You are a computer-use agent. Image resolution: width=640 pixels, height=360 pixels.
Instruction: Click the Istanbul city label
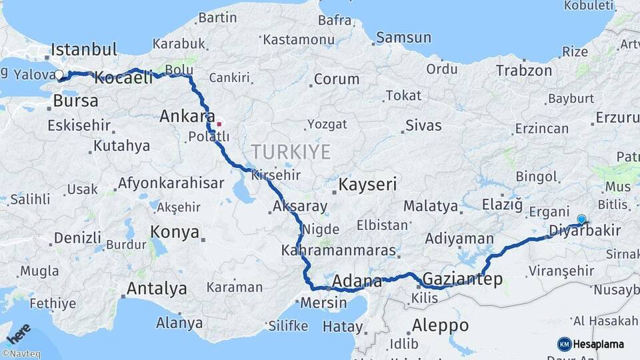click(x=84, y=49)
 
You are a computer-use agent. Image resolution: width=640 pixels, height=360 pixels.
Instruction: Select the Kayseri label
click(x=367, y=184)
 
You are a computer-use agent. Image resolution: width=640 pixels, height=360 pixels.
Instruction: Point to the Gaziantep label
click(x=463, y=279)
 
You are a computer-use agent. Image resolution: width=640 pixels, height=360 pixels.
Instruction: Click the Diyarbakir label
click(x=584, y=231)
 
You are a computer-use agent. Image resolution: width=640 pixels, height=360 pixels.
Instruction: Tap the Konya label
click(x=175, y=232)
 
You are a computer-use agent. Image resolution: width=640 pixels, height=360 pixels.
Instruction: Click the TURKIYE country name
click(x=291, y=152)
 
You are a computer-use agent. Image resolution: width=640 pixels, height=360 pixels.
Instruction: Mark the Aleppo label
click(x=440, y=326)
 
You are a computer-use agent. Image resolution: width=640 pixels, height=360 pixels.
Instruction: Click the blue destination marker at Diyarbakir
click(x=581, y=219)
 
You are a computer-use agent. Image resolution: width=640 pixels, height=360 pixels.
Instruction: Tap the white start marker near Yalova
click(x=59, y=75)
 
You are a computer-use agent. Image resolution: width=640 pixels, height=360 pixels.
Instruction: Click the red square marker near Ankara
click(x=219, y=124)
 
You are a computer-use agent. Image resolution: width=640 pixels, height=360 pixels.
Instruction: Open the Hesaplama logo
click(x=591, y=344)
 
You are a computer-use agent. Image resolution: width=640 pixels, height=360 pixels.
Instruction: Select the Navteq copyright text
click(x=21, y=354)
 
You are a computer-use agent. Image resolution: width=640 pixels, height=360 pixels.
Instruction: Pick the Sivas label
click(x=423, y=125)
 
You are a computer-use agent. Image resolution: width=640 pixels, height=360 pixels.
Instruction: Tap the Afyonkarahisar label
click(x=171, y=183)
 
